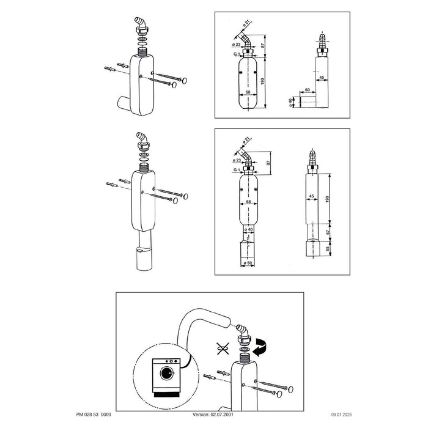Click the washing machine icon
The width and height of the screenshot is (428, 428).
[x=166, y=377]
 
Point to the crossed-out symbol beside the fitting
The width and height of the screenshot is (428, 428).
[x=223, y=349]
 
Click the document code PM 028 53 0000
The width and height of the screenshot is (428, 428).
[x=94, y=415]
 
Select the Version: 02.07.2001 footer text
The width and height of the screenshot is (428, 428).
[x=213, y=415]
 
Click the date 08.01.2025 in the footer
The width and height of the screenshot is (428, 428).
[x=341, y=415]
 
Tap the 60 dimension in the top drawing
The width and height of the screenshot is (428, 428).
[x=308, y=89]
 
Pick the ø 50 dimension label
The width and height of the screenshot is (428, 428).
[x=248, y=263]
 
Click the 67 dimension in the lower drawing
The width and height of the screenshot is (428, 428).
[x=328, y=231]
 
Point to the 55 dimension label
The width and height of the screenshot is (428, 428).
[x=328, y=249]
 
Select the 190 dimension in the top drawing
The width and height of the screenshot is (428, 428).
[x=262, y=81]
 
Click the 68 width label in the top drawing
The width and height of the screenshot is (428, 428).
[x=248, y=92]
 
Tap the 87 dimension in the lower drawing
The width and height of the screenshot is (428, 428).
[x=268, y=163]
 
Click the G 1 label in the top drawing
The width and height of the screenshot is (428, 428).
[x=237, y=54]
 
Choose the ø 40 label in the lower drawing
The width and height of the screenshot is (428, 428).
[x=248, y=229]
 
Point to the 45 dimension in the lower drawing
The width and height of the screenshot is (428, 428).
[x=311, y=196]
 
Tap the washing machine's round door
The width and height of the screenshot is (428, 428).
[x=167, y=373]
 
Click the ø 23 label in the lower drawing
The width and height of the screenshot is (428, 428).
[x=237, y=160]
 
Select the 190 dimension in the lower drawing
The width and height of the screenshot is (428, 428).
[x=328, y=199]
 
